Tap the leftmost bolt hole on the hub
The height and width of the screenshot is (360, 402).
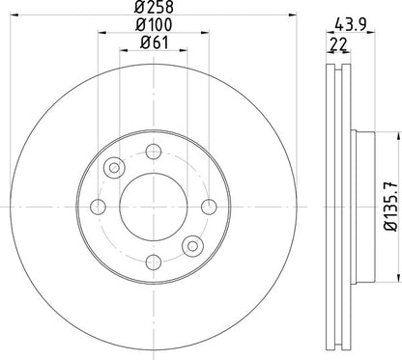coord(99,206)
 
